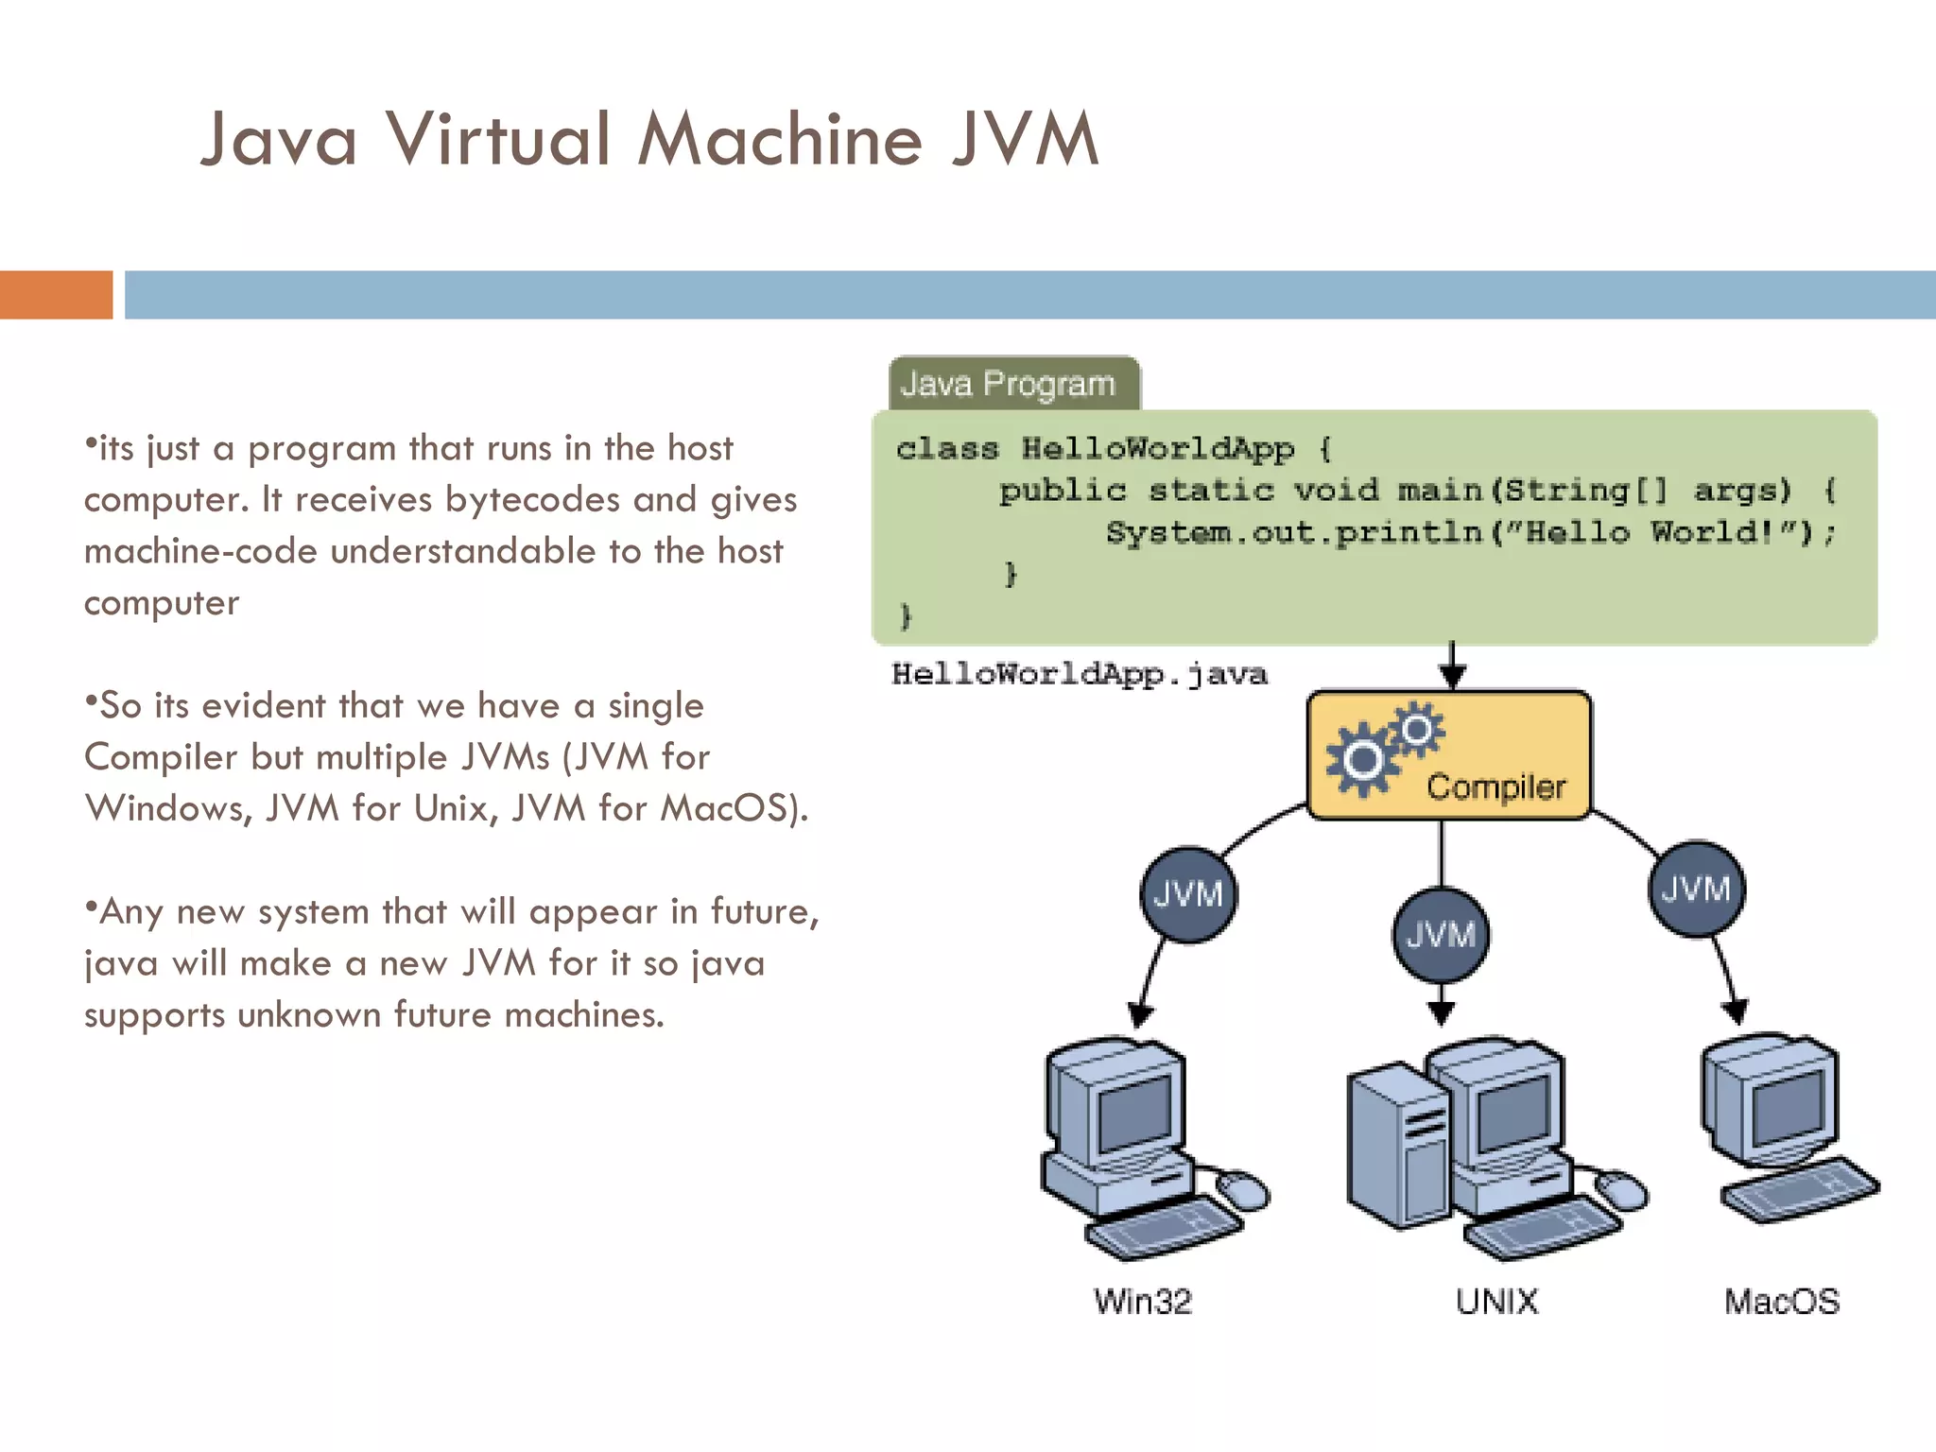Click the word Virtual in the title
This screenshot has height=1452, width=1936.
tap(498, 140)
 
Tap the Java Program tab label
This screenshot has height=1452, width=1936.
tap(1009, 384)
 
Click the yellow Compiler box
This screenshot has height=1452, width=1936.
tap(1449, 755)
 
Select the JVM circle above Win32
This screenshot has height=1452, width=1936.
tap(1188, 893)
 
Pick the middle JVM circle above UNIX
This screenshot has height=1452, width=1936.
tap(1440, 935)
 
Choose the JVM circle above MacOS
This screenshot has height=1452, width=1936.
tap(1697, 889)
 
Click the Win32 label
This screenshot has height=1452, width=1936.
tap(1143, 1302)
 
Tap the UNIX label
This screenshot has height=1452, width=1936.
tap(1496, 1302)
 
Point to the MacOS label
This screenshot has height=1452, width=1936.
tap(1782, 1302)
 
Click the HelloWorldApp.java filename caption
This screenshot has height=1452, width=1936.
tap(1079, 674)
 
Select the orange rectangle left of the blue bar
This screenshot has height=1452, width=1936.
tap(56, 295)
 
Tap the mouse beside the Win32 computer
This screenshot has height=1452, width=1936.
tap(1243, 1190)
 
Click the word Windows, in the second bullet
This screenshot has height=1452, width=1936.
tap(167, 808)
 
